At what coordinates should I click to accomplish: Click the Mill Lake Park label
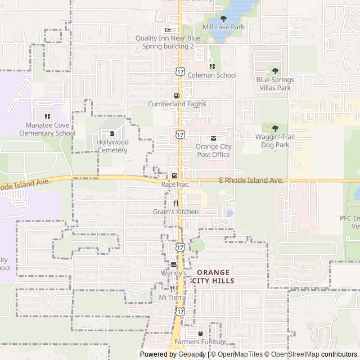223,27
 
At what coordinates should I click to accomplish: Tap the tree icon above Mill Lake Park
223,19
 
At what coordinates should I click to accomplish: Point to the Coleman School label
212,75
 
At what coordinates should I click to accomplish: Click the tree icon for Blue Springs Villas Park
274,71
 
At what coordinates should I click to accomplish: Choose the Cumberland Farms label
177,104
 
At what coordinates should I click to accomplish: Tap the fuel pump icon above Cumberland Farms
177,96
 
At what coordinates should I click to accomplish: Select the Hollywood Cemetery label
112,146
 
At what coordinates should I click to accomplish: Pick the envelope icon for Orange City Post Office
213,138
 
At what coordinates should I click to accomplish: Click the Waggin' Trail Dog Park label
274,141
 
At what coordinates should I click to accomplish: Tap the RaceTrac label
174,184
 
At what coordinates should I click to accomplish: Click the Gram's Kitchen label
175,211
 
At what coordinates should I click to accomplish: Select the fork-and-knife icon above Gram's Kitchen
175,203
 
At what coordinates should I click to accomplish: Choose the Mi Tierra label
172,297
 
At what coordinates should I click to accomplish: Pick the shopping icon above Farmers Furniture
200,334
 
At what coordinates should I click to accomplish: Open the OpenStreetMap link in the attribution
292,354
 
